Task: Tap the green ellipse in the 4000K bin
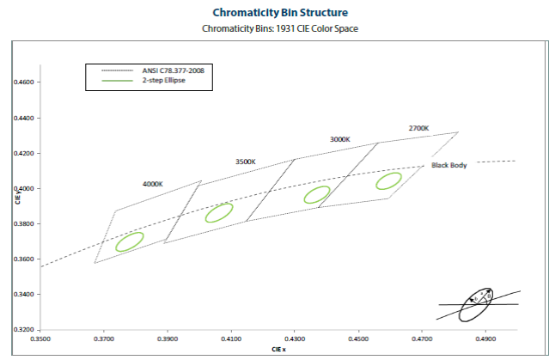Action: click(x=129, y=241)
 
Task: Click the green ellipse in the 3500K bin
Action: click(x=219, y=212)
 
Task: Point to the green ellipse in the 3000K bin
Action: click(x=318, y=195)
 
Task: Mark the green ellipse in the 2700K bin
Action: click(x=388, y=180)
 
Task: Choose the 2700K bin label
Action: click(x=418, y=128)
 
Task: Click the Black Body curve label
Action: click(x=448, y=165)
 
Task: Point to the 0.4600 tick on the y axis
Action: click(x=25, y=82)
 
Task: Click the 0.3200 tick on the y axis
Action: click(x=25, y=330)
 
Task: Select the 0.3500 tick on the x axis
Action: click(x=40, y=340)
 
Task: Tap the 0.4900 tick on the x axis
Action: click(x=485, y=340)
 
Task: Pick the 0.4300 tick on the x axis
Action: click(x=295, y=340)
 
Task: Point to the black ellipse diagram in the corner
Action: click(x=475, y=304)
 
